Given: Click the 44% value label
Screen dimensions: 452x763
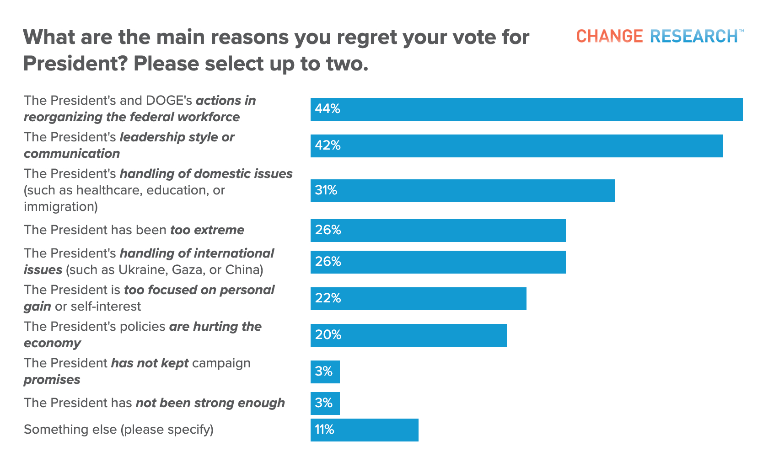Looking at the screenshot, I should (327, 109).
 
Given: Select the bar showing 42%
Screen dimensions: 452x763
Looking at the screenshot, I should (516, 146).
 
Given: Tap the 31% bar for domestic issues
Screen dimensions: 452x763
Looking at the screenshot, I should (462, 191).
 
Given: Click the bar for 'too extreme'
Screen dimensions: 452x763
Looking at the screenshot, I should (438, 231).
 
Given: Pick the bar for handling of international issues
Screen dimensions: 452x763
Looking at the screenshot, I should (438, 262).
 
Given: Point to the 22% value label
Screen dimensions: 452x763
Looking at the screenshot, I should (328, 299).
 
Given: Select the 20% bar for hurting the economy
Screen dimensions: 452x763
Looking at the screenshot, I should (408, 335).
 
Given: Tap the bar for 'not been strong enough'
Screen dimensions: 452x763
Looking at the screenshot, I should (325, 404).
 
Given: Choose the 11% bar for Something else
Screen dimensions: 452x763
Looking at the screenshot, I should (364, 430).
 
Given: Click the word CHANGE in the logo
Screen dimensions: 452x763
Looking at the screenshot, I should (609, 36).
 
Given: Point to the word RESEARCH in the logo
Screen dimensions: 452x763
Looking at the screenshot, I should (693, 36).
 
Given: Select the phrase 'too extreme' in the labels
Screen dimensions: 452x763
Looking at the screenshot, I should (207, 230).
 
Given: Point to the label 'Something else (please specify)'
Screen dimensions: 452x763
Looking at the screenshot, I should (118, 430).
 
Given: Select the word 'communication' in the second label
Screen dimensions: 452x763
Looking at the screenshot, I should (72, 154).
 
